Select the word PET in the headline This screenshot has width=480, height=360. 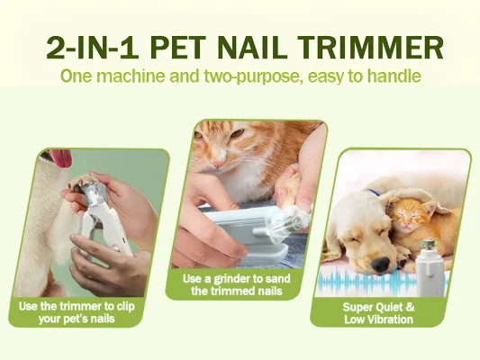click(x=177, y=48)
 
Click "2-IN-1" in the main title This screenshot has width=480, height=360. click(x=93, y=48)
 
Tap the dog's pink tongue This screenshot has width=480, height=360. click(x=62, y=157)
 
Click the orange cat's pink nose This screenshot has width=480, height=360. click(x=219, y=163)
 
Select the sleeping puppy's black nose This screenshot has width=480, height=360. click(x=380, y=264)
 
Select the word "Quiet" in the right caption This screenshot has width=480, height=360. click(x=385, y=307)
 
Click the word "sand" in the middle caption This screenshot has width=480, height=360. click(x=277, y=279)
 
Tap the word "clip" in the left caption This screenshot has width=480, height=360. click(x=125, y=307)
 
